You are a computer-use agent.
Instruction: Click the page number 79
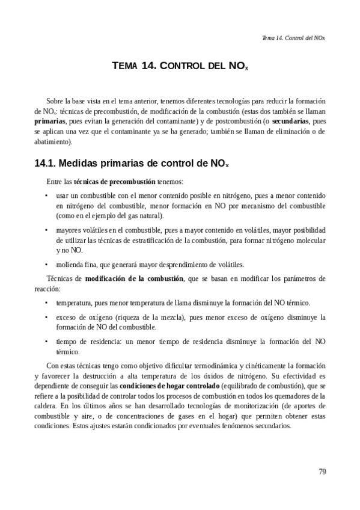point(322,471)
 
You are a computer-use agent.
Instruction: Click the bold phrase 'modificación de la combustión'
point(134,278)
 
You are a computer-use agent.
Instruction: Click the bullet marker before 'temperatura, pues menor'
point(47,303)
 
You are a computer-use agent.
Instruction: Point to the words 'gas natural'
point(147,215)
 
